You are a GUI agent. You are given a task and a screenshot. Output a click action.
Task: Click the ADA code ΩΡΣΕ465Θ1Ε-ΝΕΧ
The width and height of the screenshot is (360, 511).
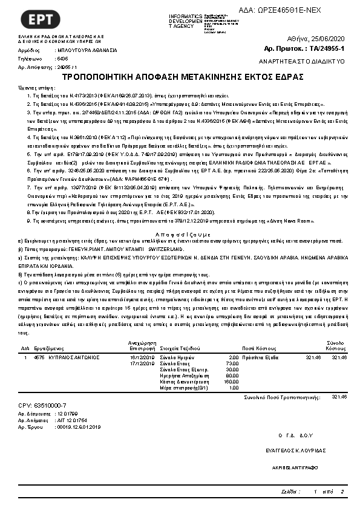[x=287, y=11]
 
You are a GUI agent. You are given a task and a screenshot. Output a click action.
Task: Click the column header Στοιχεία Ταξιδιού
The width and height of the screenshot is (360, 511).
[x=185, y=349]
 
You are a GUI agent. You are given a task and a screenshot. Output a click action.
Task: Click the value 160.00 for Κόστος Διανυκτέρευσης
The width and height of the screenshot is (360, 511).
[x=231, y=382]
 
